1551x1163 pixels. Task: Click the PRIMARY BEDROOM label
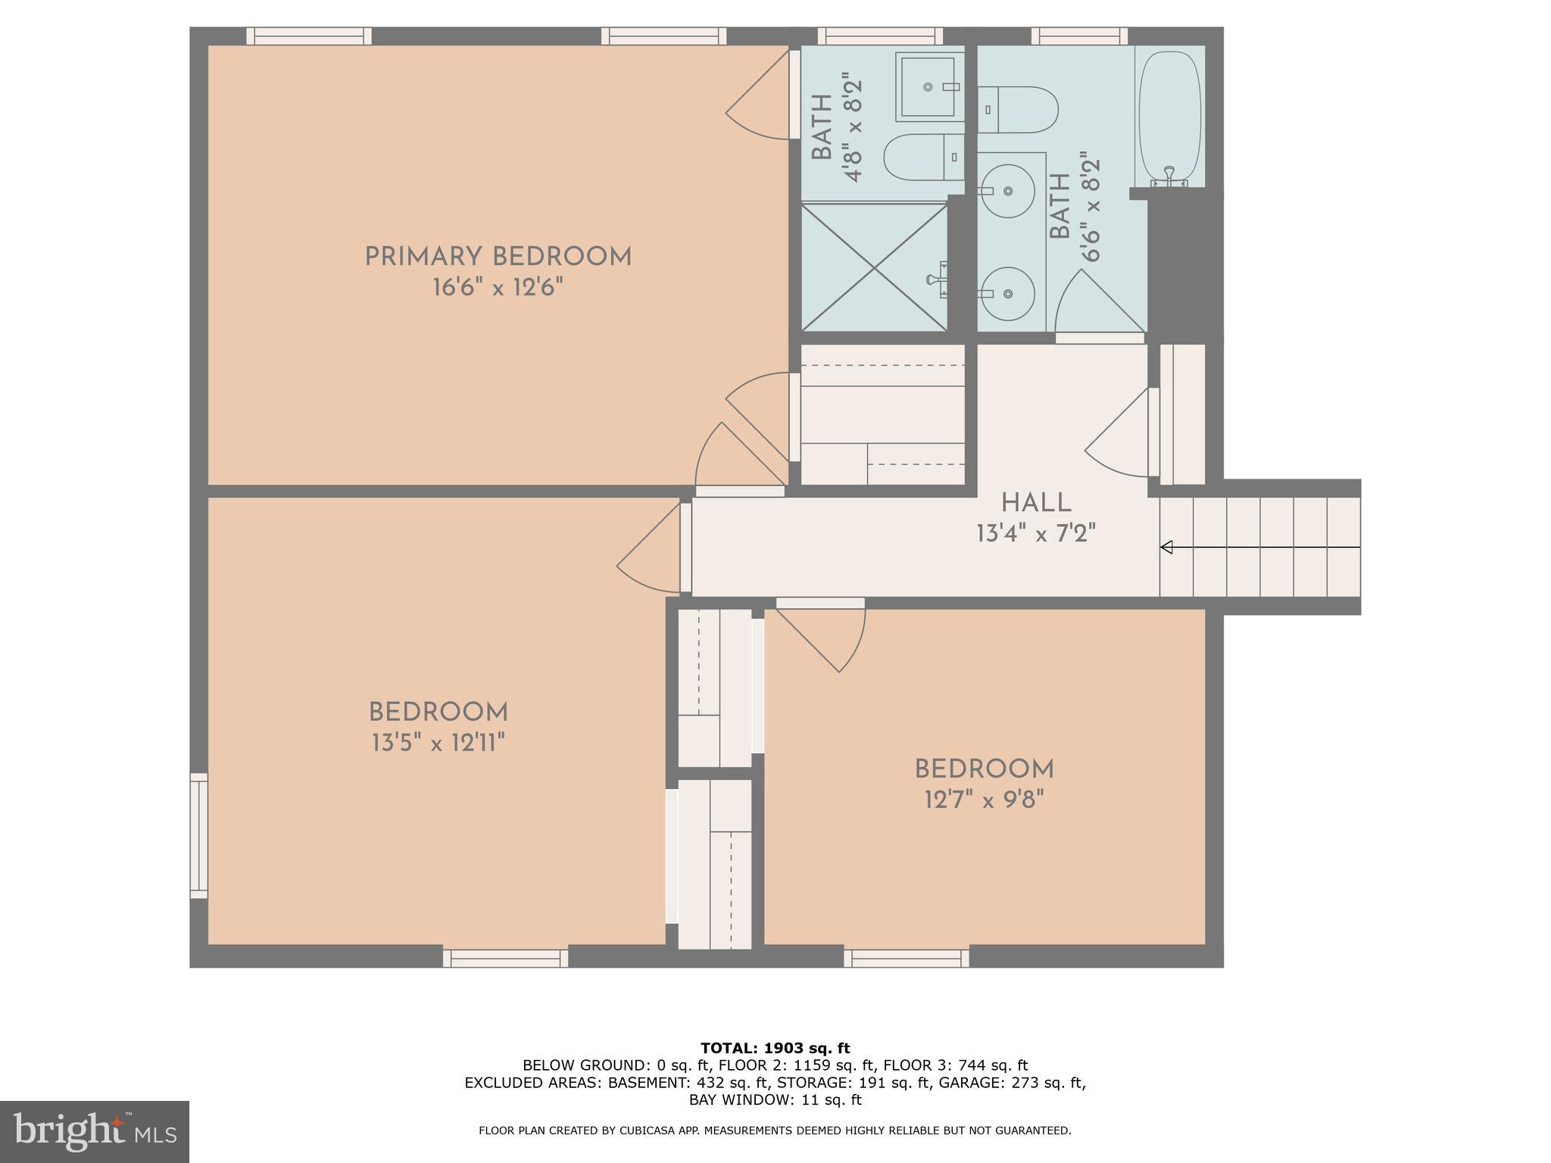pyautogui.click(x=498, y=257)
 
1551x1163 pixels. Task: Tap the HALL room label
pyautogui.click(x=1036, y=503)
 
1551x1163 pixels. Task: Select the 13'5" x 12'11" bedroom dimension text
pyautogui.click(x=438, y=744)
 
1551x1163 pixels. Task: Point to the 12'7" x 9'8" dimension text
pyautogui.click(x=984, y=800)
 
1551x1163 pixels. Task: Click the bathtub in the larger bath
pyautogui.click(x=1169, y=118)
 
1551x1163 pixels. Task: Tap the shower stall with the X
pyautogui.click(x=874, y=267)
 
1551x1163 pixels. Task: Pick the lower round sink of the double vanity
pyautogui.click(x=1007, y=293)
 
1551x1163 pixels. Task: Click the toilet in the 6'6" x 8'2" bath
pyautogui.click(x=1019, y=110)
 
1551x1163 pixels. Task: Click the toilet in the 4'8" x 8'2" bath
pyautogui.click(x=922, y=157)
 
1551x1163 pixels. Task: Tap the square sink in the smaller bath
pyautogui.click(x=928, y=87)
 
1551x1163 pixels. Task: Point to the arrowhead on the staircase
pyautogui.click(x=1166, y=547)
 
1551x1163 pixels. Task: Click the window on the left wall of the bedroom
pyautogui.click(x=198, y=835)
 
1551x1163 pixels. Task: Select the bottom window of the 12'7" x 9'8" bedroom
pyautogui.click(x=907, y=958)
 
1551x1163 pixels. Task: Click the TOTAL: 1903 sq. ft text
pyautogui.click(x=775, y=1048)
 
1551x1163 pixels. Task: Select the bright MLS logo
pyautogui.click(x=94, y=1132)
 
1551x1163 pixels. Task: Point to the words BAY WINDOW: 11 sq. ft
pyautogui.click(x=775, y=1099)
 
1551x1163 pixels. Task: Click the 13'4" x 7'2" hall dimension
pyautogui.click(x=1036, y=534)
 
